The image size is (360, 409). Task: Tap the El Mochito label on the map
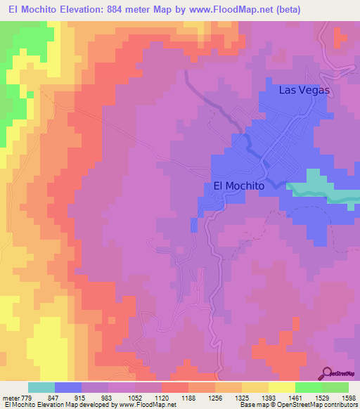pos(238,186)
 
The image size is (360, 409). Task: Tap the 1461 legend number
pos(295,398)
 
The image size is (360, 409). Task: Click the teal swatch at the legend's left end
pos(41,387)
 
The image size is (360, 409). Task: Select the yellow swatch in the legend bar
pos(281,387)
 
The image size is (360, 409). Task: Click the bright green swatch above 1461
pos(308,387)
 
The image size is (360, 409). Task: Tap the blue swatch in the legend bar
pos(67,387)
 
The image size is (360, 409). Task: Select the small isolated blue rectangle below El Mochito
pos(194,224)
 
